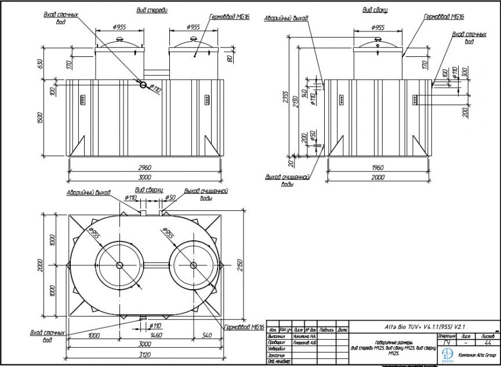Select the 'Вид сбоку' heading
pos(375,10)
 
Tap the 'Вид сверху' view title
pos(149,190)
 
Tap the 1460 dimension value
pos(156,336)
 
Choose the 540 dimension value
pos(207,336)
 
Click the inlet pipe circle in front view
pos(143,84)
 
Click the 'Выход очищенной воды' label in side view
pos(286,180)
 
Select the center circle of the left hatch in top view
pos(119,265)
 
